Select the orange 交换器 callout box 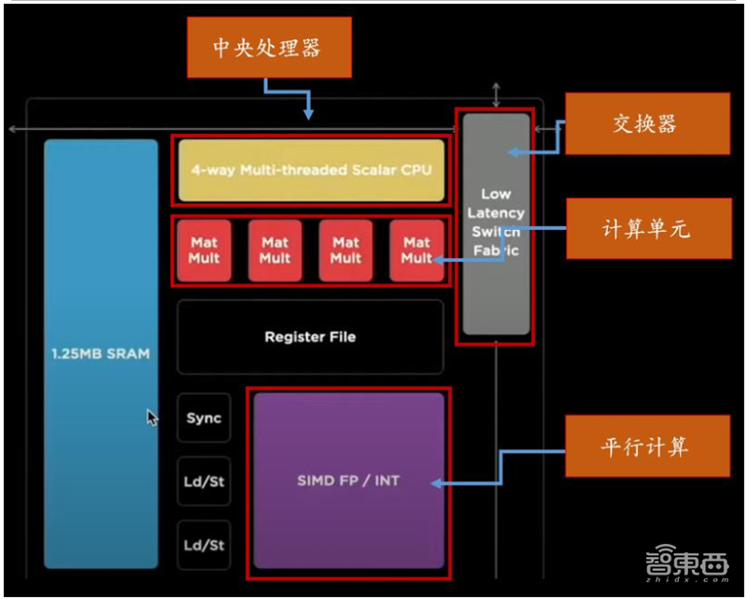tap(646, 123)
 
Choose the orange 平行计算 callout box tap(646, 447)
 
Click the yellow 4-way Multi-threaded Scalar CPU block tap(311, 170)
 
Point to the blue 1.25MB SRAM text tap(101, 354)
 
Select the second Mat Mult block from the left tap(275, 250)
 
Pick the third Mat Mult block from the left tap(345, 250)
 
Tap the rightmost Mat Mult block tap(416, 250)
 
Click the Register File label tap(310, 336)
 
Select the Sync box tap(204, 418)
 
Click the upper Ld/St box tap(204, 482)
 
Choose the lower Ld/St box tap(204, 545)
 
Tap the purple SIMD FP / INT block tap(347, 481)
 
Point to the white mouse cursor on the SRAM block tap(152, 418)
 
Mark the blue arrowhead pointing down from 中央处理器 tap(308, 113)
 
